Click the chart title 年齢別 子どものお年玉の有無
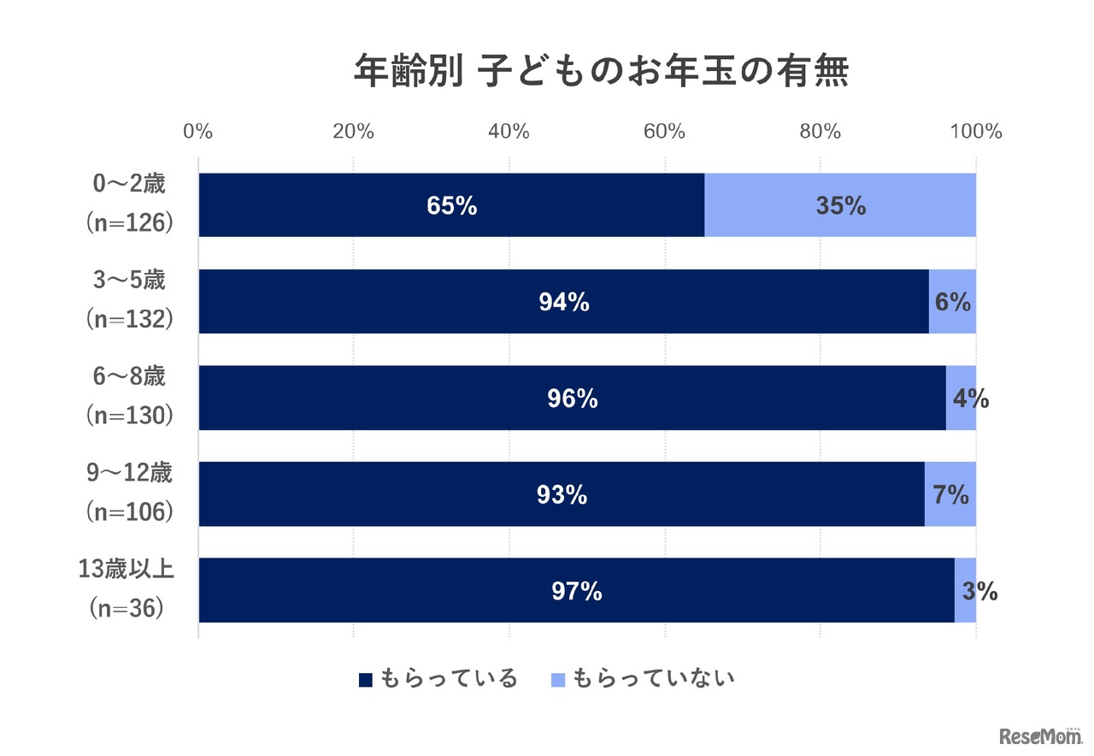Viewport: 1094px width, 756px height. tap(601, 72)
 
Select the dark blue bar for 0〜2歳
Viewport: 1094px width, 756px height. tap(451, 205)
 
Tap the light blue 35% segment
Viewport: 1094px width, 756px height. tap(840, 205)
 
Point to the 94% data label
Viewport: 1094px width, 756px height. tap(563, 302)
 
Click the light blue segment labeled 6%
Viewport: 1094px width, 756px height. tap(952, 302)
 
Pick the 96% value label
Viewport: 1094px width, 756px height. tap(572, 399)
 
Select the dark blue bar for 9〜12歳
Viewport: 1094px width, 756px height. tap(561, 494)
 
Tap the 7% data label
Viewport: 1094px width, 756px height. tap(950, 494)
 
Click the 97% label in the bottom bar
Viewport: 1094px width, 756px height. tap(576, 591)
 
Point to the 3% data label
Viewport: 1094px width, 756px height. tap(979, 591)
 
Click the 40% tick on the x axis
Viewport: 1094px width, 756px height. tap(509, 132)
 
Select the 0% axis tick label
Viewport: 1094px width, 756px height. tap(198, 132)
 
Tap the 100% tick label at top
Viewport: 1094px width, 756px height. tap(976, 132)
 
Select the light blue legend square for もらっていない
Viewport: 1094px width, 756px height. tap(558, 680)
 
